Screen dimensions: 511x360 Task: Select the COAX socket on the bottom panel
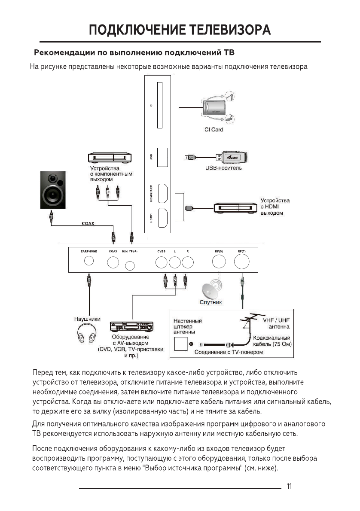(113, 262)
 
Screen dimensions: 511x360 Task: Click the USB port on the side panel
(162, 157)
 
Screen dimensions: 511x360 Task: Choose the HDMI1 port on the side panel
(163, 218)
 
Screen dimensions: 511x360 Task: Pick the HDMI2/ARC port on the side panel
(163, 193)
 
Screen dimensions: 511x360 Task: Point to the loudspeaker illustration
(54, 191)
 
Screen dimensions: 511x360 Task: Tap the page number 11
(289, 487)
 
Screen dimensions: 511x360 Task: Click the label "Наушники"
(88, 319)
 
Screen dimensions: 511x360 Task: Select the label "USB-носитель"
(223, 168)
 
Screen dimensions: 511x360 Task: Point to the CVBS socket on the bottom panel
(162, 262)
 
